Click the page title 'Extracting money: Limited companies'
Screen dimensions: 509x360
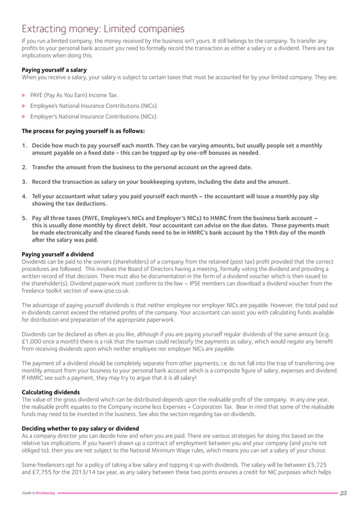102,28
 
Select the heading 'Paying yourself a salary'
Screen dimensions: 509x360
54,69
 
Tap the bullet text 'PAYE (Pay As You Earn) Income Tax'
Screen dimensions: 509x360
74,95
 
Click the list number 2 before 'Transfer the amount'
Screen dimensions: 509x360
25,168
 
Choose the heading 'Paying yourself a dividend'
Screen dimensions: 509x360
58,254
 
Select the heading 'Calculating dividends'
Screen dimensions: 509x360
50,392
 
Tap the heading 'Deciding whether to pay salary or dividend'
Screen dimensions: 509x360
80,428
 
